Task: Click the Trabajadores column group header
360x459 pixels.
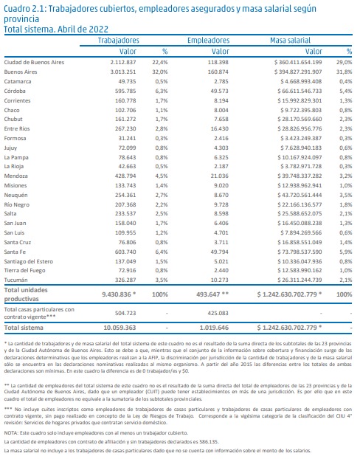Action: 118,40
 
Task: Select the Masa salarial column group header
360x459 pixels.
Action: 290,40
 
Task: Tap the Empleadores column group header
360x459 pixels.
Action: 208,40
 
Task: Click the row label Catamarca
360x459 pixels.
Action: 18,81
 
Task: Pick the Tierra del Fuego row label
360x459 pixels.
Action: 24,270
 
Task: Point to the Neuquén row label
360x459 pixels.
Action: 15,195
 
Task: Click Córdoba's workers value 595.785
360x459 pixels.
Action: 125,91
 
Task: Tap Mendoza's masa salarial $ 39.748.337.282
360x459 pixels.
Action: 300,176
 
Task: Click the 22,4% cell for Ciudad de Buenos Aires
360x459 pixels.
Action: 160,62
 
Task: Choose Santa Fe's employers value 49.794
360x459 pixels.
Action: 219,252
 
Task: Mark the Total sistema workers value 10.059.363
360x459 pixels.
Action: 120,328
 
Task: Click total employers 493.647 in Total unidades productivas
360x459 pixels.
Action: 212,294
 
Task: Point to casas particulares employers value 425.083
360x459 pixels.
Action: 218,313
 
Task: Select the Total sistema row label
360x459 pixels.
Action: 24,328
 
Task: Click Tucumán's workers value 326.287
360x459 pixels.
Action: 125,280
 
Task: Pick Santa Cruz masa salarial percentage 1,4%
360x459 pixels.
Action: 346,242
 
